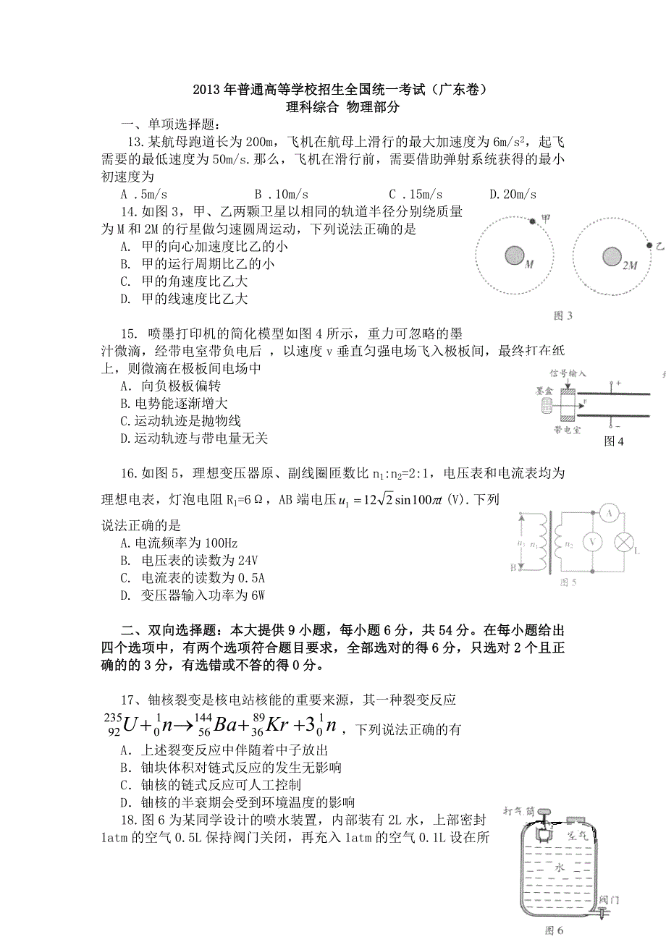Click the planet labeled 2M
click(x=611, y=256)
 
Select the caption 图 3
click(x=562, y=315)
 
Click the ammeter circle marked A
click(x=610, y=514)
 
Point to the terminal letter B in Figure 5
click(x=513, y=569)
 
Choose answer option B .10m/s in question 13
click(x=282, y=195)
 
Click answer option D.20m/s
click(x=513, y=195)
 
